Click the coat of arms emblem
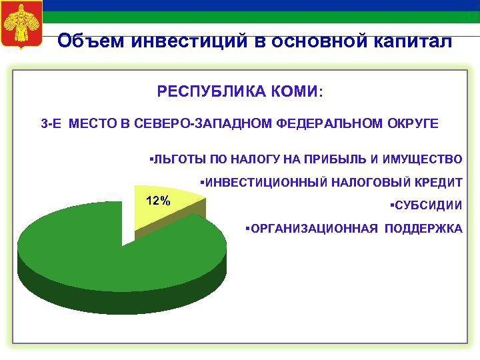click(23, 25)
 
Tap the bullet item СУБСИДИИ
click(427, 205)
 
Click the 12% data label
click(158, 201)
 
